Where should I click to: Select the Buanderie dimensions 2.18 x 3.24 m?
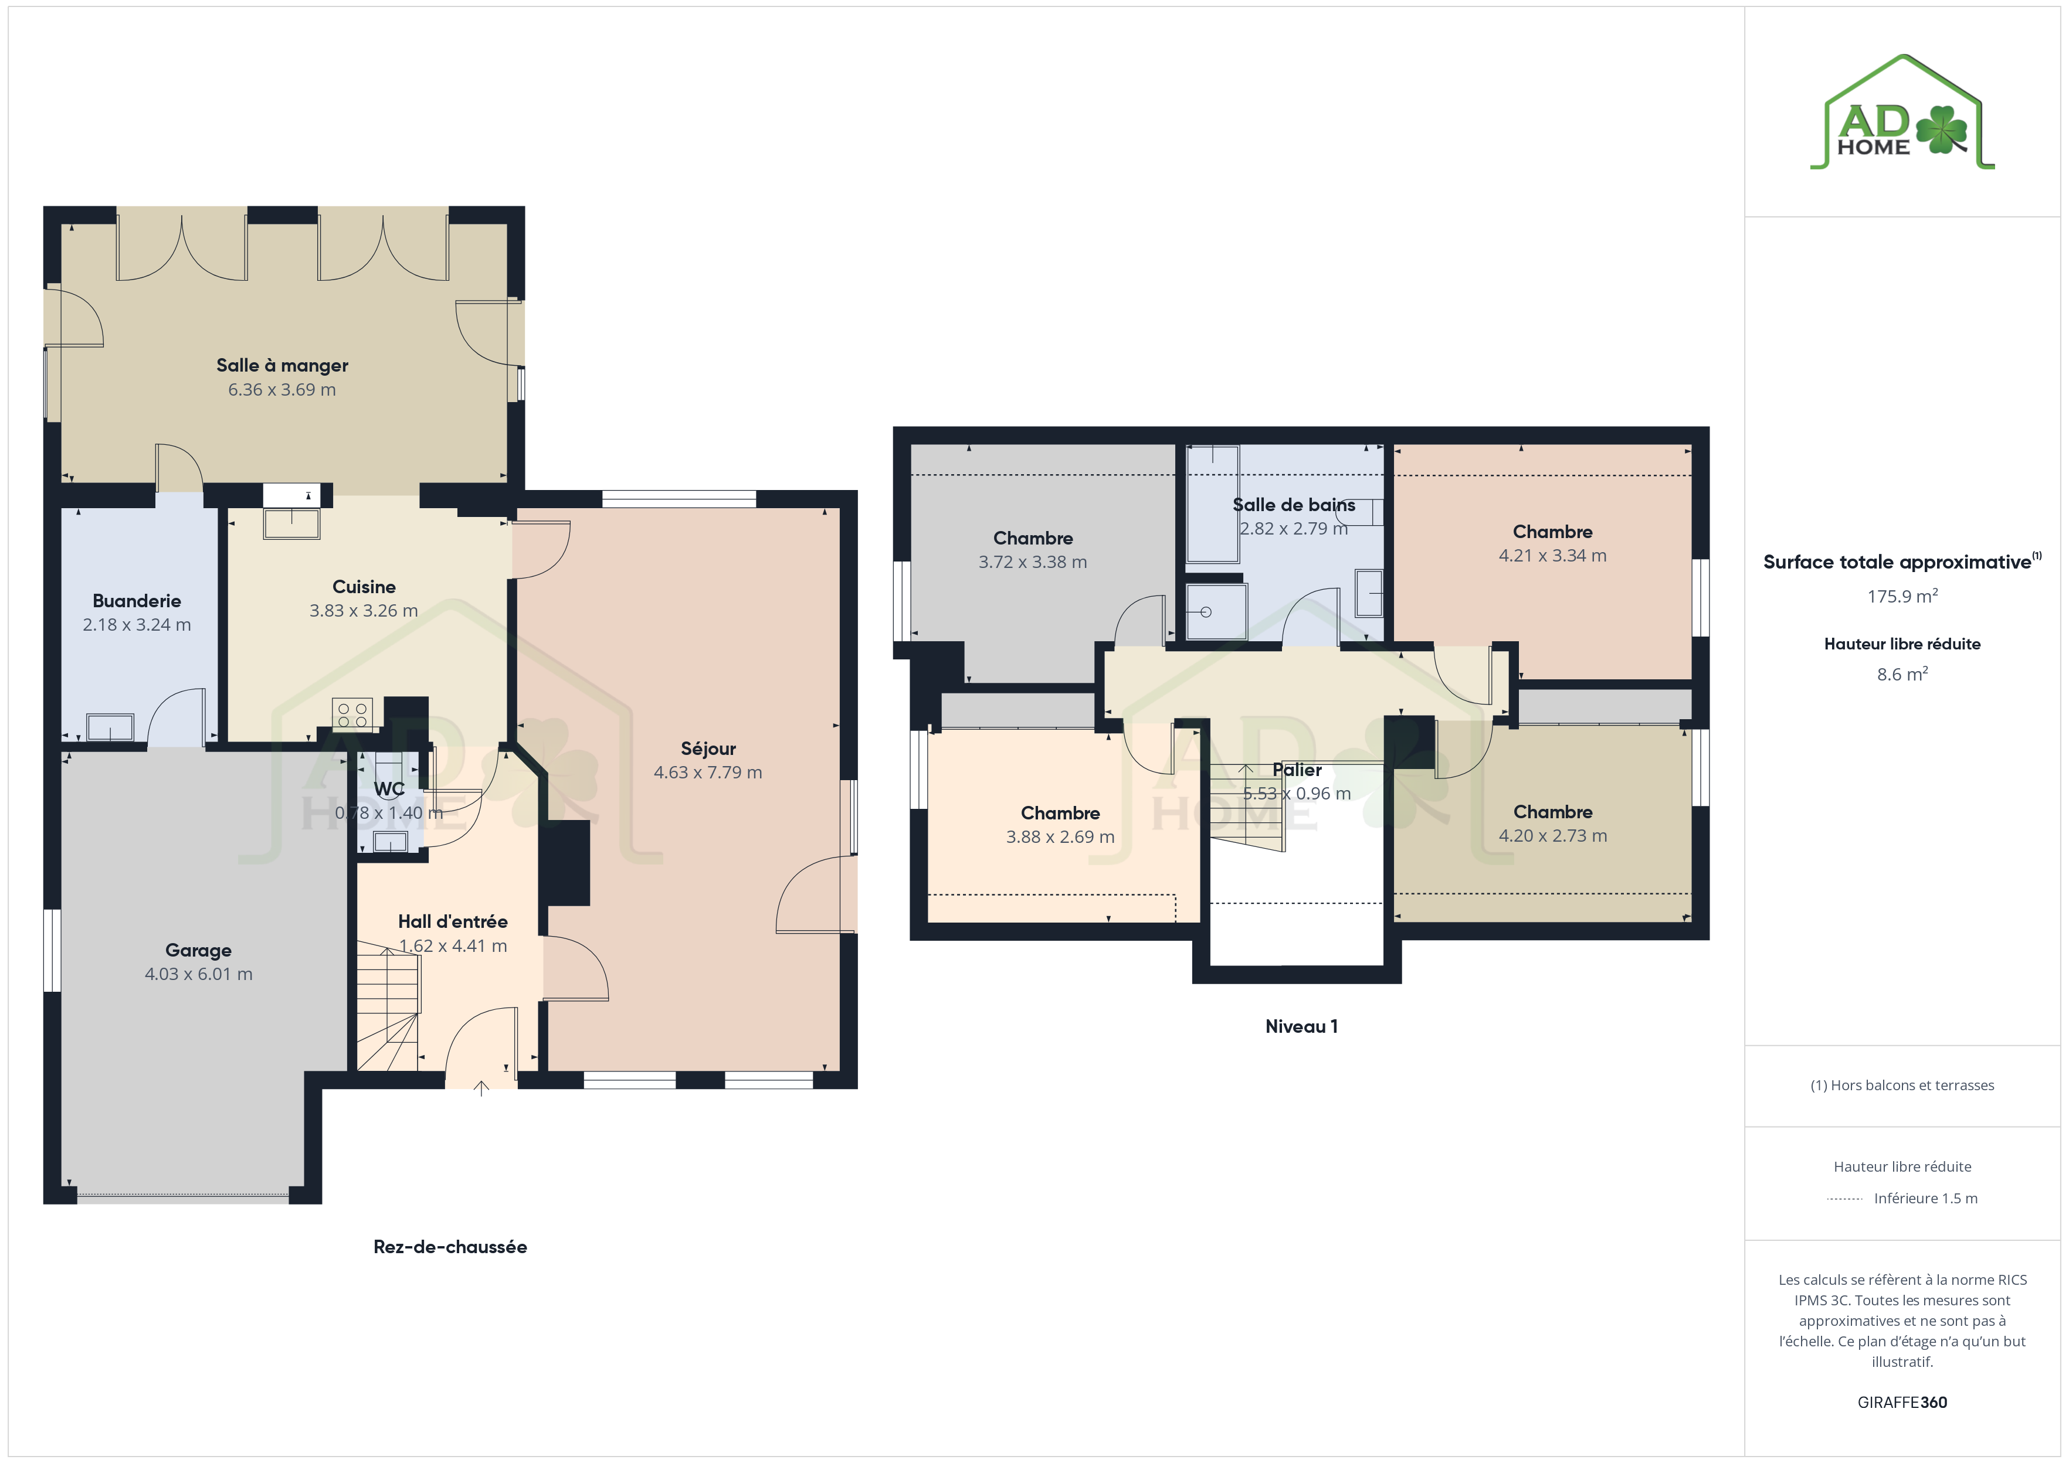click(137, 624)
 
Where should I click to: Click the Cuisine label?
click(364, 587)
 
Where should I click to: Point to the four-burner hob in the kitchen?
click(352, 715)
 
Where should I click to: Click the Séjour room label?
click(708, 748)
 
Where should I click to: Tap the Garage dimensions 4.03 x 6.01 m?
click(198, 974)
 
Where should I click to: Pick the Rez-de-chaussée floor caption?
click(450, 1247)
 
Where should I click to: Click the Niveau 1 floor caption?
click(1301, 1026)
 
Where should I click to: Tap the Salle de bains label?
click(1294, 505)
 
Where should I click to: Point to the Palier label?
click(1297, 770)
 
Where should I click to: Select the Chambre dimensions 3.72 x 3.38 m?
click(1033, 562)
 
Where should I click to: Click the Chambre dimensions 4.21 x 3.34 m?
click(1553, 556)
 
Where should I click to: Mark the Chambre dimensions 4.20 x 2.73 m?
click(1553, 836)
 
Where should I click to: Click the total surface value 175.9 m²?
click(1902, 596)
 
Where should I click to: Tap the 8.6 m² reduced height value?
click(1902, 674)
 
